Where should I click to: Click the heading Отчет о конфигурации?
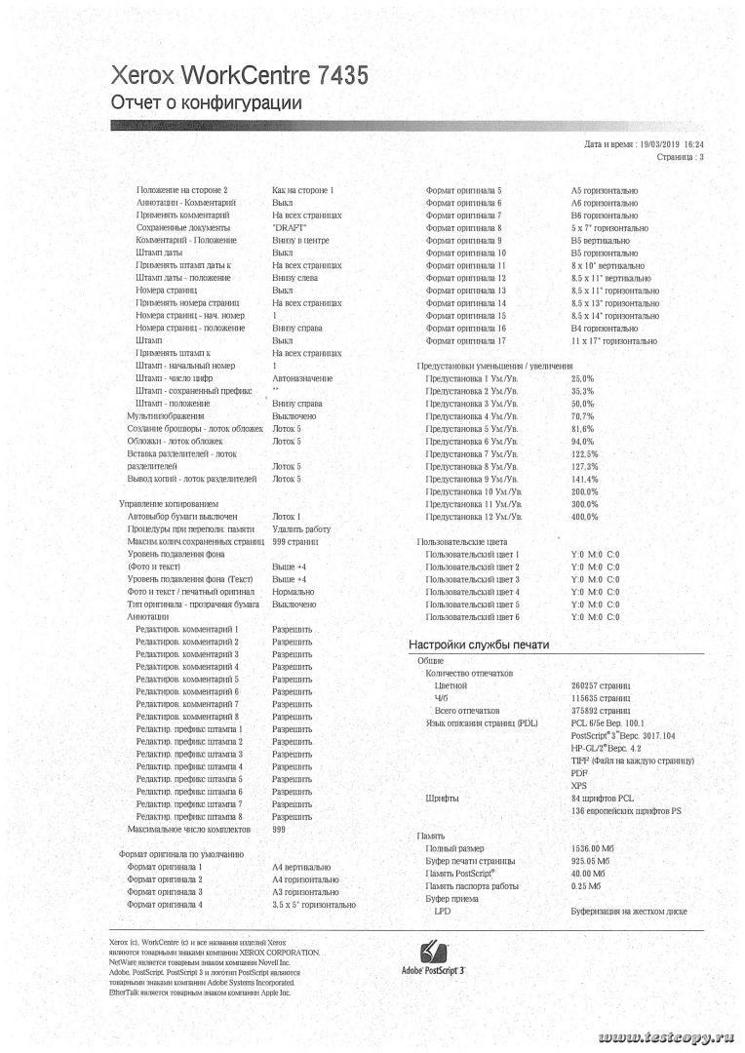(207, 102)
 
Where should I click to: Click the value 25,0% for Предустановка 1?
(582, 377)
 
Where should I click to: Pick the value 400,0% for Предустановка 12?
(584, 517)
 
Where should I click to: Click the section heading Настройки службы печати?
(479, 644)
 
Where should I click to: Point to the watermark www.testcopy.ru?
(665, 1033)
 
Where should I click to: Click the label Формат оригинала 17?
(465, 341)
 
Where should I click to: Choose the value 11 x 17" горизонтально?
(613, 341)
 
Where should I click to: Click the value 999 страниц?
(295, 541)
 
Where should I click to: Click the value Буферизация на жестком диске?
(630, 911)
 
